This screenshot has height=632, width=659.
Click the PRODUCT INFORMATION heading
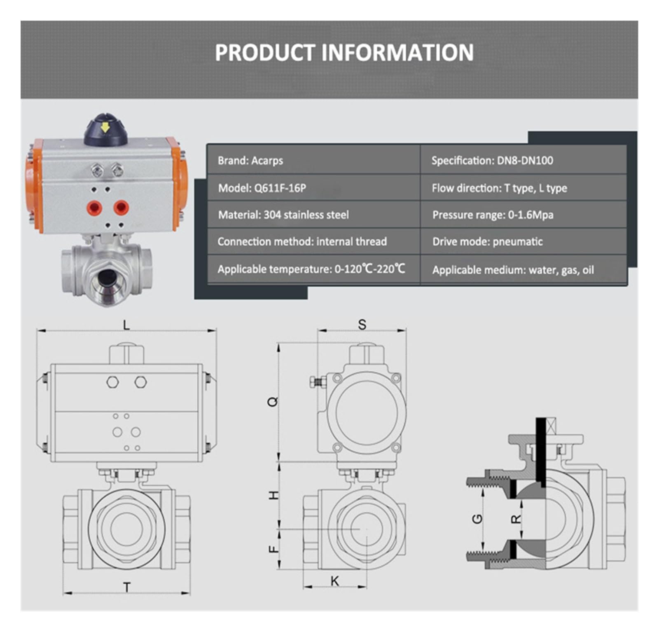[x=344, y=52]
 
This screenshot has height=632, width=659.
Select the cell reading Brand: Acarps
[x=313, y=160]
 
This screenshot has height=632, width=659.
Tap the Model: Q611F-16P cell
[x=313, y=188]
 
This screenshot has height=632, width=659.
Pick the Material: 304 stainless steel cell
[x=313, y=215]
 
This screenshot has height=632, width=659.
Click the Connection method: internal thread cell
[x=313, y=241]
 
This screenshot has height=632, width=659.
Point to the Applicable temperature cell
[x=313, y=269]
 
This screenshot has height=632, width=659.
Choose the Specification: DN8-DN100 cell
[x=523, y=160]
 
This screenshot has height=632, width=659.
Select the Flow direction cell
[x=523, y=188]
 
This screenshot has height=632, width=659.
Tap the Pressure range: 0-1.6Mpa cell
[x=523, y=215]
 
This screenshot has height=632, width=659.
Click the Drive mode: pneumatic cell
[x=523, y=241]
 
